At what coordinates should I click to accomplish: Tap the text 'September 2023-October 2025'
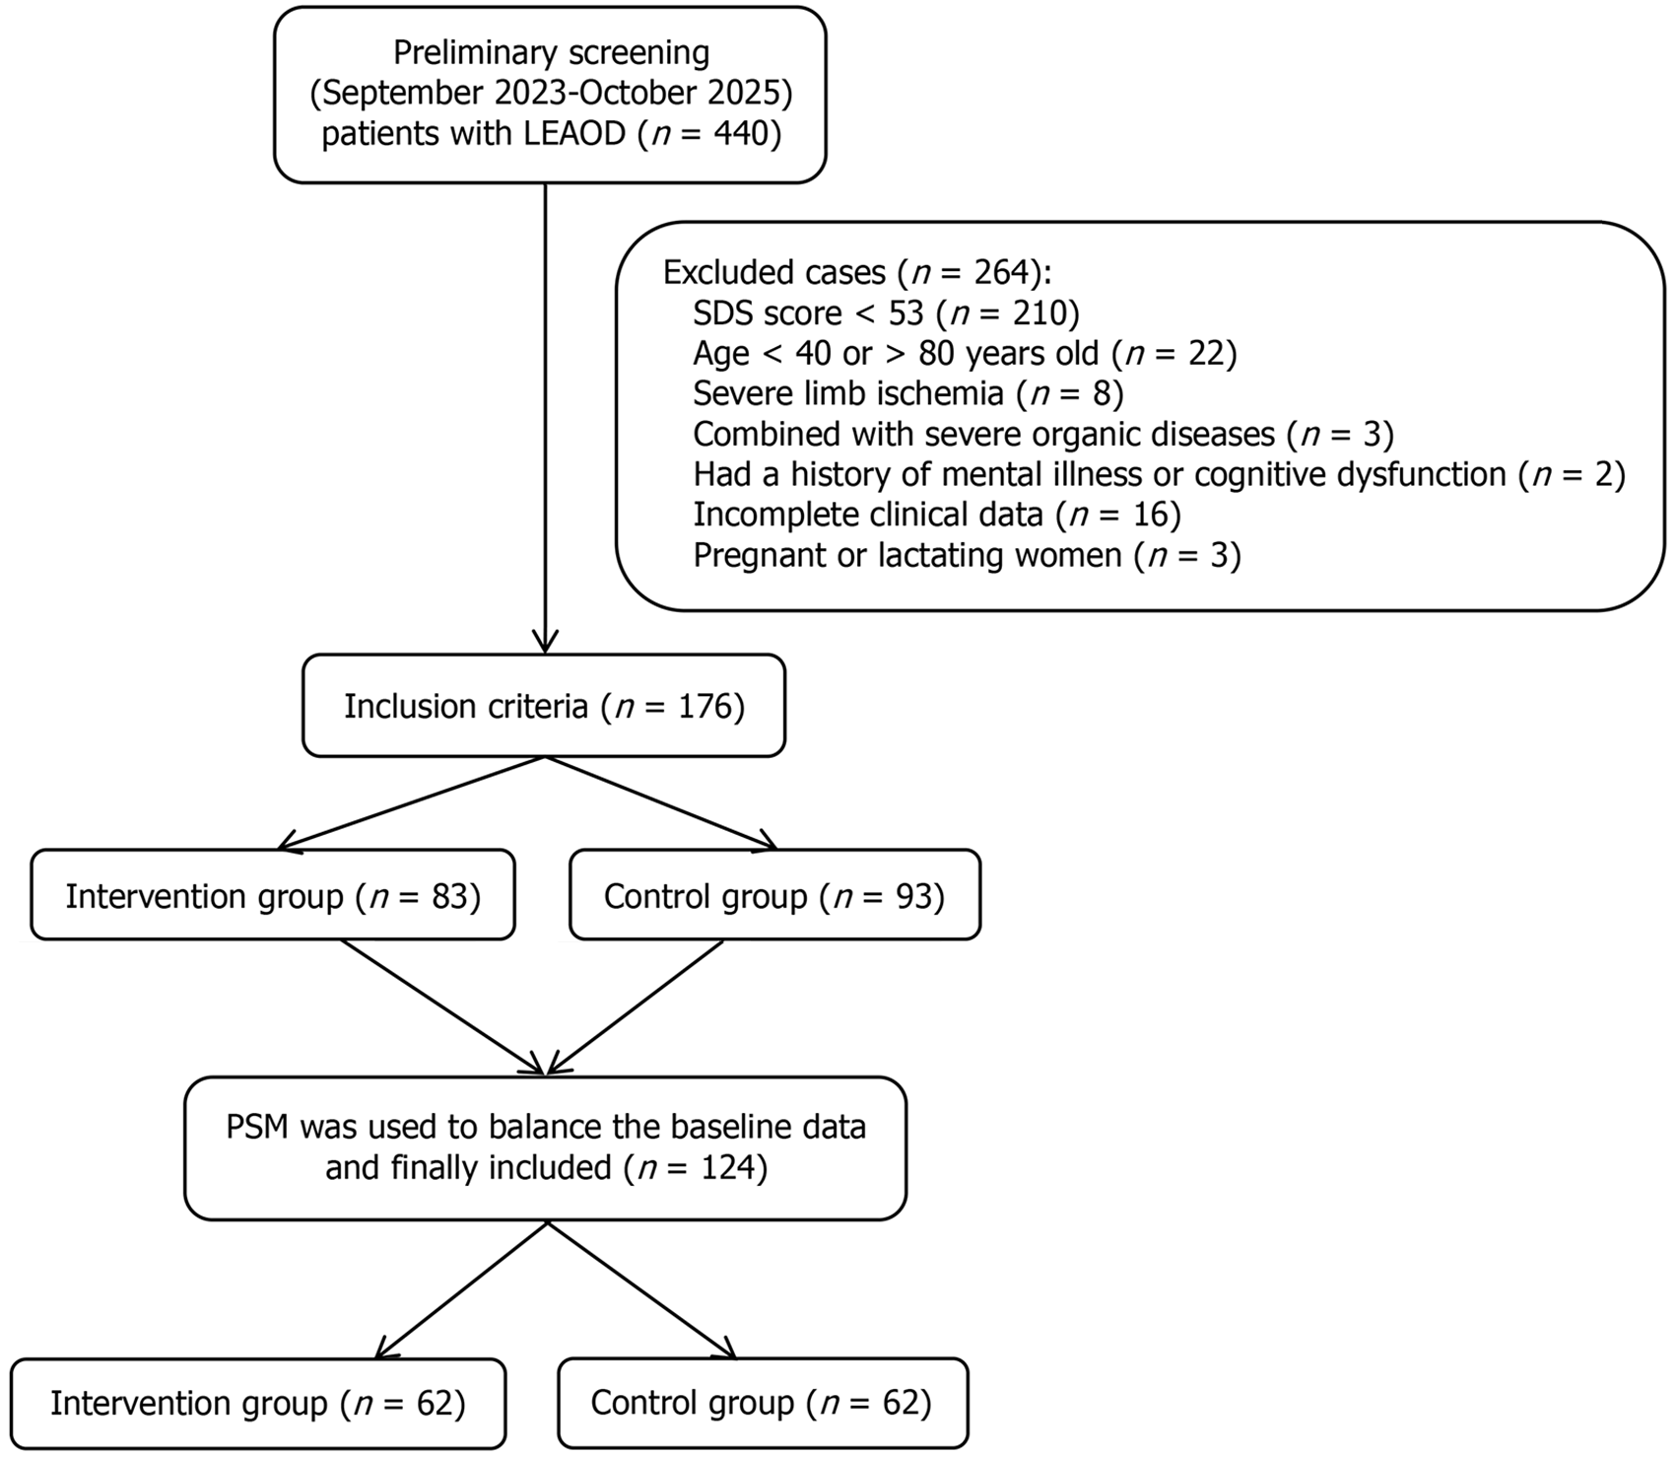(552, 93)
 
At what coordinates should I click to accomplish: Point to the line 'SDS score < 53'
(887, 313)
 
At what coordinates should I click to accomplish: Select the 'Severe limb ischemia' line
(908, 393)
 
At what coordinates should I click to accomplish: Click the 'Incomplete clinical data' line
(937, 515)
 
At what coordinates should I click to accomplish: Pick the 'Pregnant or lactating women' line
(967, 555)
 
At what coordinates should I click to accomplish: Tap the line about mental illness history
(1159, 474)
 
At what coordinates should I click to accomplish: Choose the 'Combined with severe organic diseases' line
(1043, 434)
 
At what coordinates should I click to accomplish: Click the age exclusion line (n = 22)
(965, 353)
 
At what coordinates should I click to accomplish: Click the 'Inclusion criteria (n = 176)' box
(544, 706)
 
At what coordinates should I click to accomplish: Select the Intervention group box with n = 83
(273, 895)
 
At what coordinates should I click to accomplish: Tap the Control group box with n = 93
(775, 895)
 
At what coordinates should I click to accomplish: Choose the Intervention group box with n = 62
(258, 1403)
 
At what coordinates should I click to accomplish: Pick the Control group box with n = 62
(763, 1403)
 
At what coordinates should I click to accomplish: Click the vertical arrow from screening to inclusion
(545, 417)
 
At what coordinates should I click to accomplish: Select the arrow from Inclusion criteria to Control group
(661, 802)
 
